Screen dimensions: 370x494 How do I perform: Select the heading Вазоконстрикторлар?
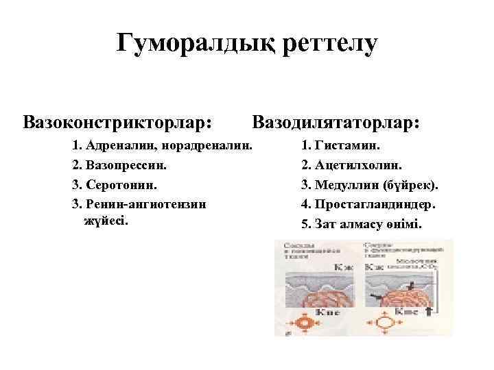(x=117, y=123)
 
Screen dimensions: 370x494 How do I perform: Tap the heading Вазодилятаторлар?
(x=336, y=123)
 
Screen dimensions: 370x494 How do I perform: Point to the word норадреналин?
(x=205, y=145)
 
